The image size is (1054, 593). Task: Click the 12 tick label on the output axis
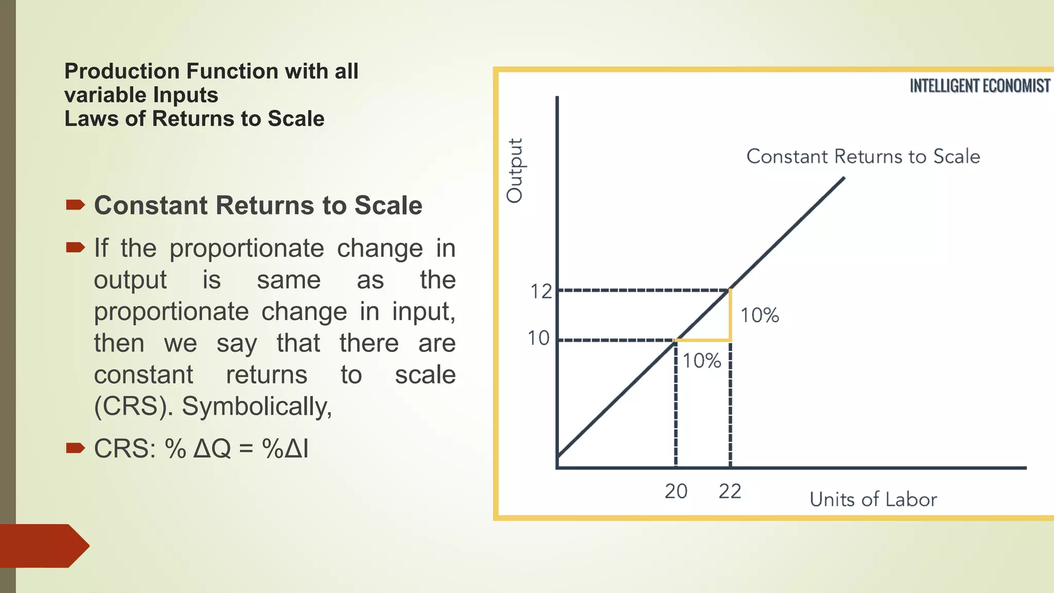click(541, 292)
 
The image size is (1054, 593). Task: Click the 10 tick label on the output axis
click(538, 339)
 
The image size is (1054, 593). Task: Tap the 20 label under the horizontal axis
click(676, 492)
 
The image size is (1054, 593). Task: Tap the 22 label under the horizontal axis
click(730, 492)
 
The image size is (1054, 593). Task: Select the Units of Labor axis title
click(873, 500)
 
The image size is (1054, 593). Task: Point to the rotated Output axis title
click(515, 170)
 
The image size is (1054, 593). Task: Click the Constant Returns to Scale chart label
click(863, 156)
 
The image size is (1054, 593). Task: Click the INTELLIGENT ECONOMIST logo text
click(979, 86)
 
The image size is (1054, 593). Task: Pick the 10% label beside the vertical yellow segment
click(759, 316)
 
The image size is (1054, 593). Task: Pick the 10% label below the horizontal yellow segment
click(701, 361)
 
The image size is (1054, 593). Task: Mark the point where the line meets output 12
click(730, 290)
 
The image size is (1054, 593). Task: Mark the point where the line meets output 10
click(676, 340)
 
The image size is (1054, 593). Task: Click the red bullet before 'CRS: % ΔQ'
click(75, 448)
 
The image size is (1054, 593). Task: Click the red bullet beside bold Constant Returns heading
click(75, 205)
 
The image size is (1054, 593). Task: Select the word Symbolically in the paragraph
click(256, 407)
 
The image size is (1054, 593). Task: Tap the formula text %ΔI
click(285, 449)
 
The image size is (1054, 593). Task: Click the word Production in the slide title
click(121, 71)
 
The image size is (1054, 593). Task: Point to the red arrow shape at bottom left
click(44, 546)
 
